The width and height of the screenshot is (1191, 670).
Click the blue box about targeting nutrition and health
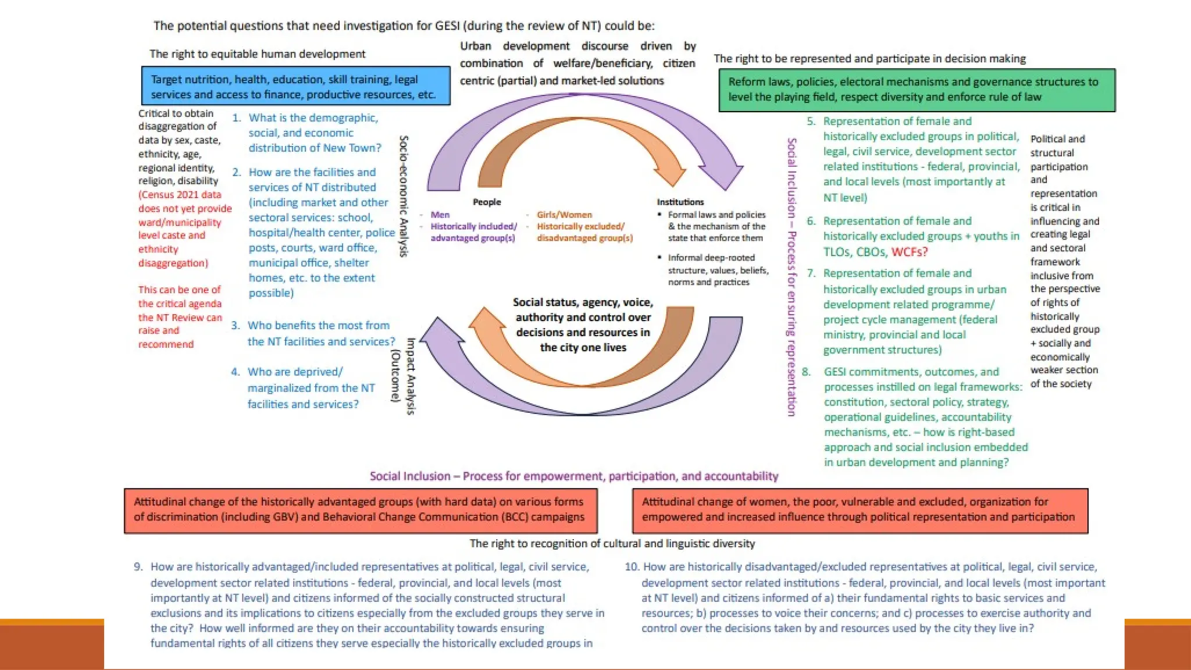pos(295,86)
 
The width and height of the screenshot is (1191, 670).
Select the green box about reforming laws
pos(917,90)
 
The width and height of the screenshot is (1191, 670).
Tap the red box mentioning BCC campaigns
pos(361,510)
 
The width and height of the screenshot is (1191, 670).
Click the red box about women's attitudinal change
pos(860,510)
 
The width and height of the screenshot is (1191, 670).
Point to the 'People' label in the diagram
pos(487,202)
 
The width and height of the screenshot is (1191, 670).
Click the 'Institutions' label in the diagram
pos(680,202)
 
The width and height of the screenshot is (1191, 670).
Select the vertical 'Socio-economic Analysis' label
pos(404,196)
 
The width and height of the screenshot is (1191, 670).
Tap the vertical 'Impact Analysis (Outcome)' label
pos(404,376)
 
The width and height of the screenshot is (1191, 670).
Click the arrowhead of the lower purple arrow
pos(437,332)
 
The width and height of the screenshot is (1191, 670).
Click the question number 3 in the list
pos(235,326)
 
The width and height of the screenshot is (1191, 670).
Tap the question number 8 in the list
pos(806,372)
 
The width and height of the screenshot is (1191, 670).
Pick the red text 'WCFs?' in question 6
pos(910,252)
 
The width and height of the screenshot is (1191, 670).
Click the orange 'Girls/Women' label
pos(564,215)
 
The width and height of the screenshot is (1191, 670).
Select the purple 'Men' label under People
pos(440,215)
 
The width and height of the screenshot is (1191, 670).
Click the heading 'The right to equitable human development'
pos(257,54)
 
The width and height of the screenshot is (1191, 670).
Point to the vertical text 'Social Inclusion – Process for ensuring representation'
pos(791,277)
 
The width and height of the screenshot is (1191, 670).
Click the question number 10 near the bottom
pos(632,567)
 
